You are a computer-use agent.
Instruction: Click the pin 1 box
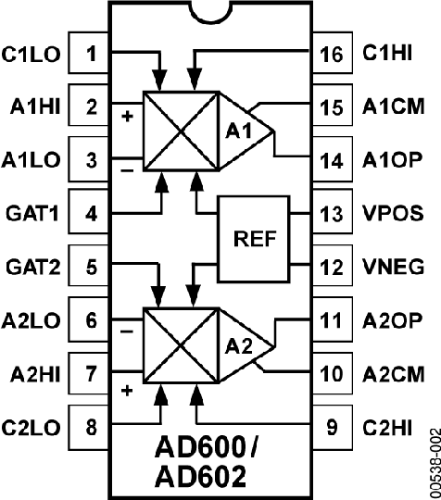point(91,54)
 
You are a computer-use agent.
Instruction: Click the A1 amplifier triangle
point(243,131)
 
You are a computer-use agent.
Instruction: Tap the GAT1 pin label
point(32,214)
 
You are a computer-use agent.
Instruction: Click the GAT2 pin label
point(32,268)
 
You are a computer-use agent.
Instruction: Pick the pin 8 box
point(91,429)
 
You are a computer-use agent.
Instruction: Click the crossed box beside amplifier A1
point(179,131)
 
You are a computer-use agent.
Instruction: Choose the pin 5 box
point(91,268)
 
